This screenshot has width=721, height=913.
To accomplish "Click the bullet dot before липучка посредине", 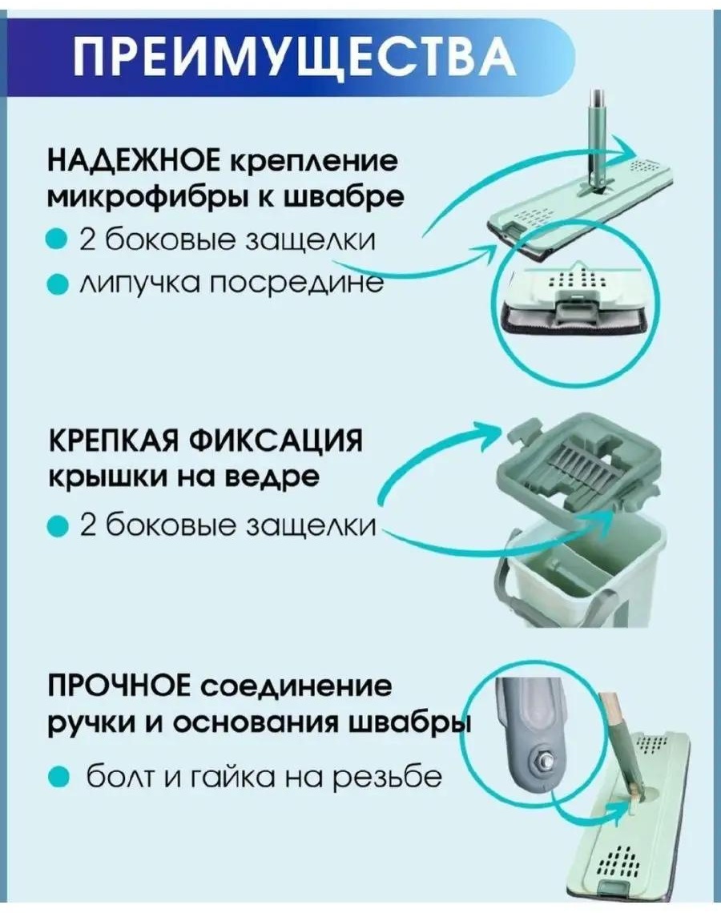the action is tap(58, 285).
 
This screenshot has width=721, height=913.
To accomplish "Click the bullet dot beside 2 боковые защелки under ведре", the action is tap(58, 527).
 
